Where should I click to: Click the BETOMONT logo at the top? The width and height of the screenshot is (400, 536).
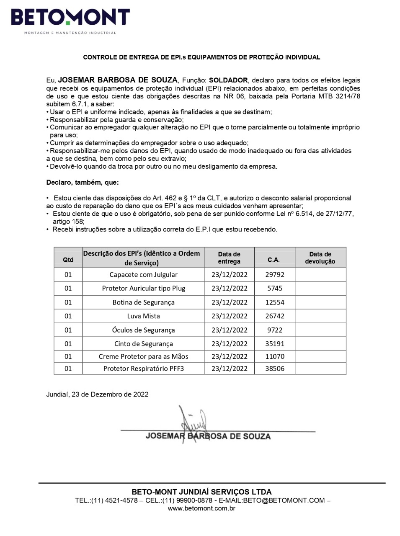(x=70, y=19)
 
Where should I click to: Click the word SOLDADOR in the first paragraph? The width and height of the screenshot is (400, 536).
(x=228, y=80)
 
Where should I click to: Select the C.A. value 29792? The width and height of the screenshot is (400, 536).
(x=275, y=275)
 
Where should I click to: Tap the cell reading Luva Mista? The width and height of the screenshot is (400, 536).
(x=143, y=316)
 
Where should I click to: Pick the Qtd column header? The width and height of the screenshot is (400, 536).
(x=68, y=260)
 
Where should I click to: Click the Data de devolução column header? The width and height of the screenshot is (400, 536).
(x=320, y=258)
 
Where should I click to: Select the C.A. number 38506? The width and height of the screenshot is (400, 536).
(x=275, y=368)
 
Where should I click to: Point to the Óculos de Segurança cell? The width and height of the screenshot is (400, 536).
(x=143, y=330)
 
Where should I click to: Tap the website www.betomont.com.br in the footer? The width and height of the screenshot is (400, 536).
(x=201, y=508)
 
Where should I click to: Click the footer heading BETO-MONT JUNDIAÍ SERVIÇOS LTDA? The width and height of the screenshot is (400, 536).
(x=201, y=492)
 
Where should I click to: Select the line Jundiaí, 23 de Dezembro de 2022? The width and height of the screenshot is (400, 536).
(x=97, y=394)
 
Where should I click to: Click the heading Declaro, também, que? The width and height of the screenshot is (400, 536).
(x=82, y=183)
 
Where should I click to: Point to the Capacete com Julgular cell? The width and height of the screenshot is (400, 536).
(x=143, y=275)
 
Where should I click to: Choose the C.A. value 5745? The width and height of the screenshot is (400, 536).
(x=275, y=289)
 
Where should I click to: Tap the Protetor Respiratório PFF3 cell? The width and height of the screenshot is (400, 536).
(x=143, y=368)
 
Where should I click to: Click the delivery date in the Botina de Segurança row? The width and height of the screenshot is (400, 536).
(x=229, y=302)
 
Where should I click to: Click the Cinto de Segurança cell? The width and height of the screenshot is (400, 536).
(x=143, y=344)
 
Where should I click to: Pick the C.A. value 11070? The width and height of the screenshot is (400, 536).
(x=275, y=356)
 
